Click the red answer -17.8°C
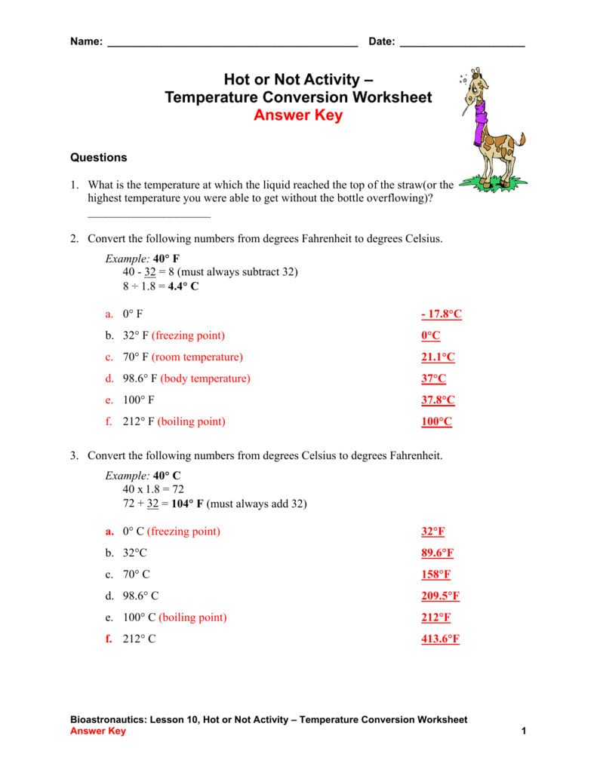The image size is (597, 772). (x=441, y=314)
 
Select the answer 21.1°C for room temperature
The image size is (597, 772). (x=438, y=357)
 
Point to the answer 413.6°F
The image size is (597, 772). (x=440, y=639)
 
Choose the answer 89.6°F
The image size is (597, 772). (x=437, y=553)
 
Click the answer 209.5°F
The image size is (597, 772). (x=440, y=596)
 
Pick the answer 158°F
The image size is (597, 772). (x=435, y=574)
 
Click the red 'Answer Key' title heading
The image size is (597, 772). (x=298, y=115)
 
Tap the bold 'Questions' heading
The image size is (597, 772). (x=99, y=158)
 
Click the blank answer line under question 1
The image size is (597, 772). (x=149, y=216)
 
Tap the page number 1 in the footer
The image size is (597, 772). (x=522, y=731)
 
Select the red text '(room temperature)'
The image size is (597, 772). (x=197, y=357)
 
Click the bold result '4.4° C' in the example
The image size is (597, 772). (x=183, y=286)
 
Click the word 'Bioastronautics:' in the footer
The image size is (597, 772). (x=108, y=720)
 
